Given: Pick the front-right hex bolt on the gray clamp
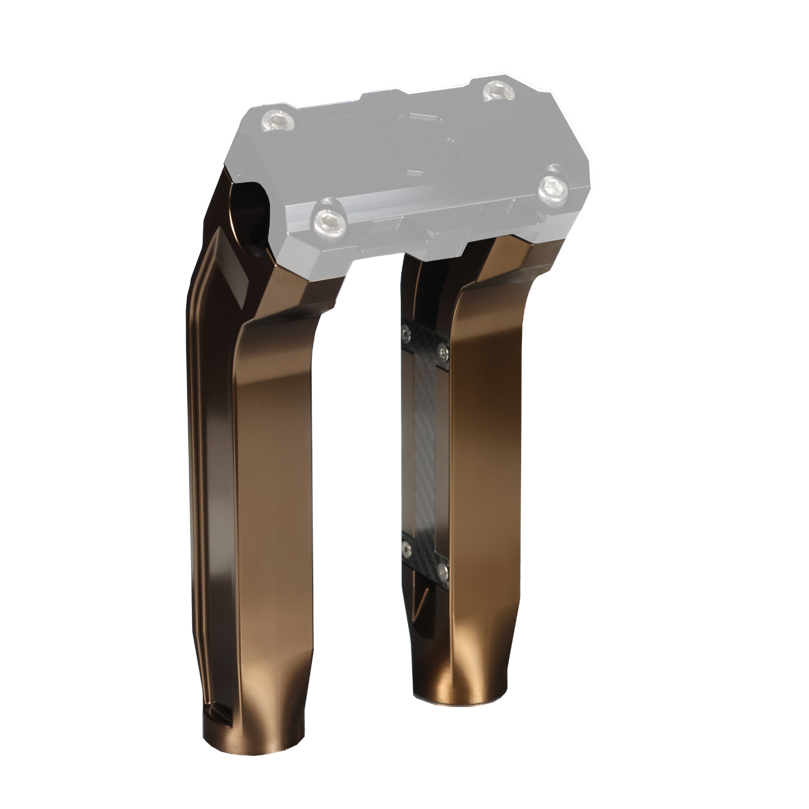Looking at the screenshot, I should click(556, 188).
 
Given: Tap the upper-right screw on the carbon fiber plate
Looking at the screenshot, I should click(442, 353).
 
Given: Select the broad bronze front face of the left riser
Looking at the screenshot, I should click(275, 485).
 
